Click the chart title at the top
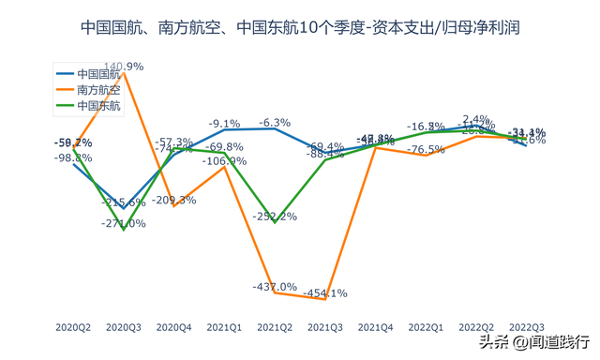(x=300, y=29)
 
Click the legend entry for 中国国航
(x=98, y=73)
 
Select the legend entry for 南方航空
(x=98, y=90)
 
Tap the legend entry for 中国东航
(x=98, y=107)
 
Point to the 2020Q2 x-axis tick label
(x=73, y=327)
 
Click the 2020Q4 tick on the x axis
(x=174, y=327)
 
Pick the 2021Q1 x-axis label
(x=225, y=327)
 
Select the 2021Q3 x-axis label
(x=325, y=327)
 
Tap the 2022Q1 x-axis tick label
(x=426, y=327)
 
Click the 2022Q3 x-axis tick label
(x=526, y=327)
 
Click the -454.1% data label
(x=325, y=292)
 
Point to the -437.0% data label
(x=275, y=286)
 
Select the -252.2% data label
(x=276, y=217)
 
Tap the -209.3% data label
(x=174, y=200)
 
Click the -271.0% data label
(x=124, y=223)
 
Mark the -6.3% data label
(x=275, y=123)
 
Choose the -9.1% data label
(x=225, y=124)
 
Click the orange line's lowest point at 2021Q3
(x=325, y=299)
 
